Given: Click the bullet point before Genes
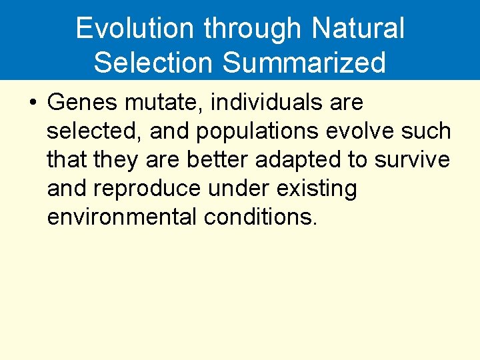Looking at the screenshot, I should click(33, 103).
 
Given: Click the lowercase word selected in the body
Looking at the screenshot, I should click(94, 131).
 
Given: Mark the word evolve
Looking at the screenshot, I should click(359, 131).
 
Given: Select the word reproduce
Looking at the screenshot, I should click(147, 189).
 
